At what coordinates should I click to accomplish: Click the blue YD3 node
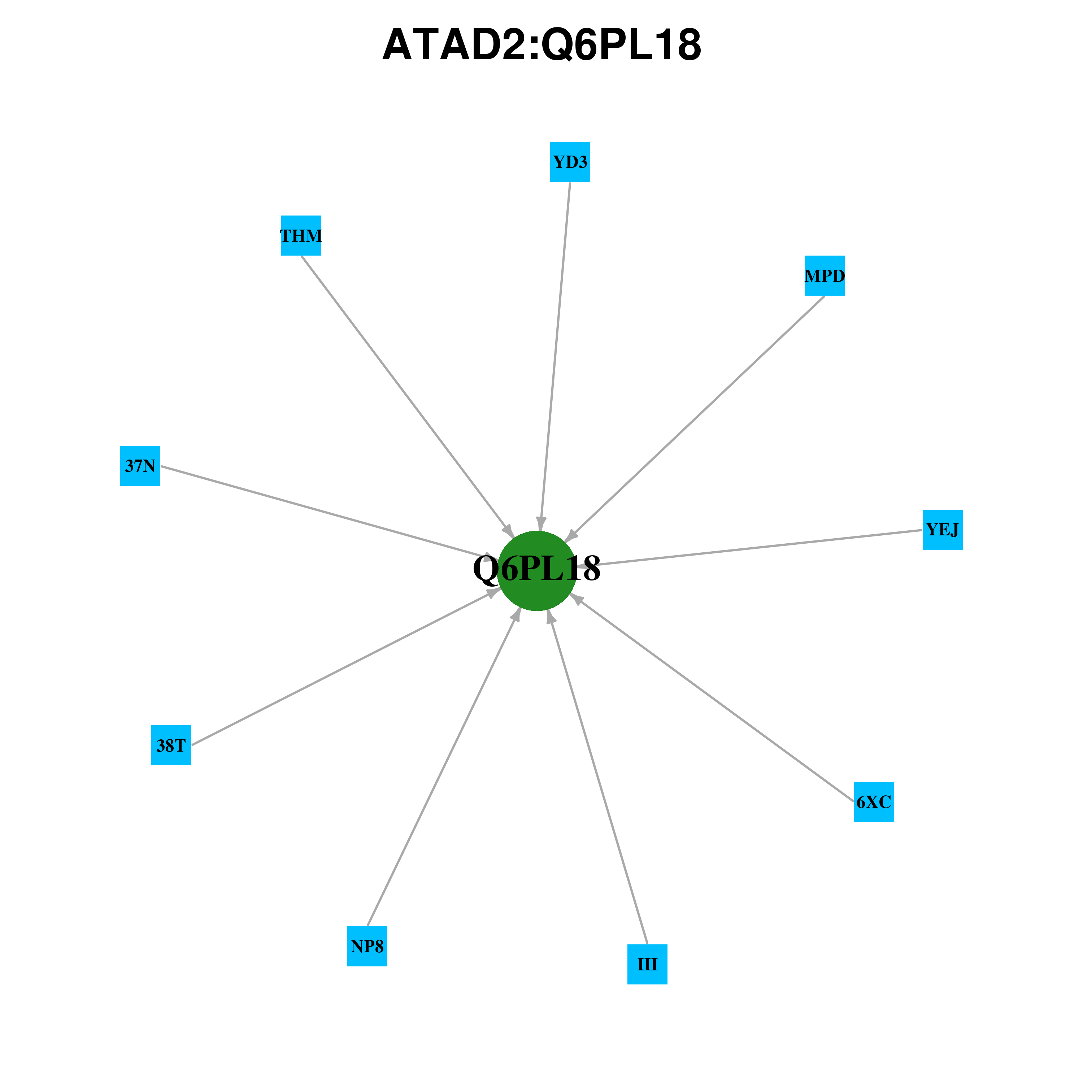(570, 162)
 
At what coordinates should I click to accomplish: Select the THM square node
(301, 235)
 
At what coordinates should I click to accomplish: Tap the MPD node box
(825, 276)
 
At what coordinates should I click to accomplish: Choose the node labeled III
(647, 964)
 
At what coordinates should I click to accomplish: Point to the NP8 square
(367, 946)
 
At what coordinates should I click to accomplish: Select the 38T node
(171, 745)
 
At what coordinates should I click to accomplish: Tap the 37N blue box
(140, 466)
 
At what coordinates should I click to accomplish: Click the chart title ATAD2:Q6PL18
(541, 44)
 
